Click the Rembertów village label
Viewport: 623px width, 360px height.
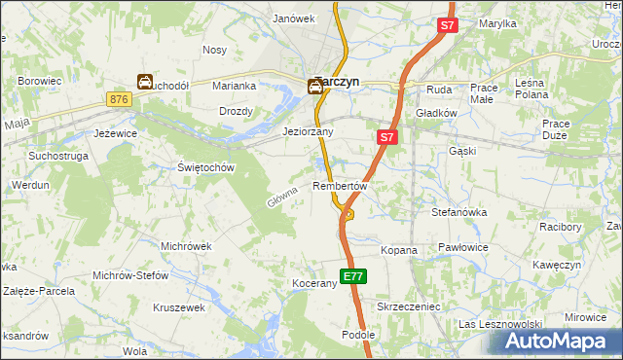click(x=340, y=186)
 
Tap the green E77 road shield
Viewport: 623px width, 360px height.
click(x=353, y=276)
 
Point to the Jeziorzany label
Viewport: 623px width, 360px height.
click(x=308, y=131)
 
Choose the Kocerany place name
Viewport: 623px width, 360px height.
click(x=314, y=284)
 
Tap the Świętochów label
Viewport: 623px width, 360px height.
click(x=206, y=167)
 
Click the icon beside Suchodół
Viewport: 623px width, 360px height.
click(x=144, y=83)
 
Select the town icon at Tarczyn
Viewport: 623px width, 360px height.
click(x=315, y=87)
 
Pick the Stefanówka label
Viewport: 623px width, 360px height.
click(x=458, y=210)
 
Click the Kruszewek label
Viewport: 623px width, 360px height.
click(x=179, y=307)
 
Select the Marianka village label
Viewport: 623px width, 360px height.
click(x=234, y=86)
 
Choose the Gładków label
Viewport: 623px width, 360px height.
click(x=436, y=113)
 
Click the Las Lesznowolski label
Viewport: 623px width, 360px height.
click(x=499, y=324)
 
